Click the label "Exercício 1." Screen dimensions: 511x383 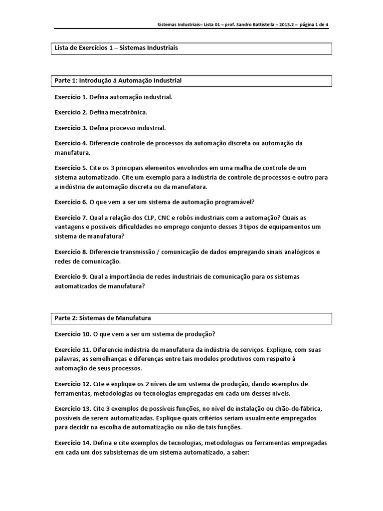click(71, 97)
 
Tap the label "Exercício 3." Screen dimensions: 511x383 click(71, 128)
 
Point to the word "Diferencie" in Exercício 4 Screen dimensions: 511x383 click(106, 143)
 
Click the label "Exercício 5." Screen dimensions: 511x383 click(71, 168)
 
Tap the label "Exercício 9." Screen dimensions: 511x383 click(71, 276)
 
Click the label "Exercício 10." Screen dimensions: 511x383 click(73, 333)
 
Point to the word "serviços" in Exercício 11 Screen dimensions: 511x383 click(252, 349)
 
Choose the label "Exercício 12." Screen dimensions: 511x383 click(73, 384)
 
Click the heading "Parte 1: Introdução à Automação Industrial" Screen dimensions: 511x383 click(118, 80)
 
